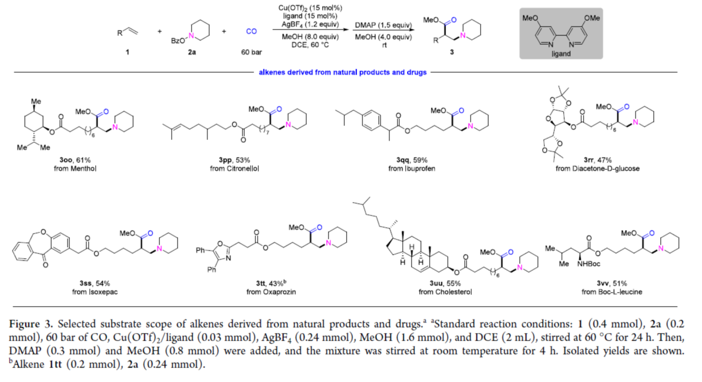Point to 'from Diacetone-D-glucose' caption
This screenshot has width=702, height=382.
click(597, 168)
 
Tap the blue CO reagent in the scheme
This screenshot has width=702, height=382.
click(251, 32)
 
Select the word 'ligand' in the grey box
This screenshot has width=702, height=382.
click(560, 54)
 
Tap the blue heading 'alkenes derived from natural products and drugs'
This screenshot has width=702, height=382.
click(343, 72)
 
